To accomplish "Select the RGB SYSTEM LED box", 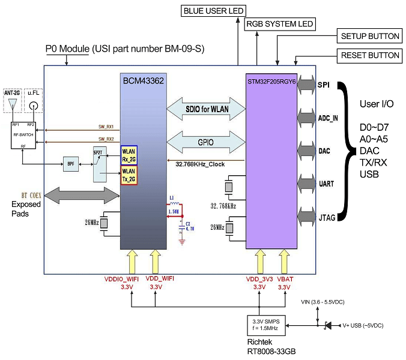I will [280, 23].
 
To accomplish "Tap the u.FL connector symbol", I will [33, 105].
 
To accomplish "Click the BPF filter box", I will [71, 163].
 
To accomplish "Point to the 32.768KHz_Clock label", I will [201, 163].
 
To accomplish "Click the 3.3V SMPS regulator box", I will [267, 325].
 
